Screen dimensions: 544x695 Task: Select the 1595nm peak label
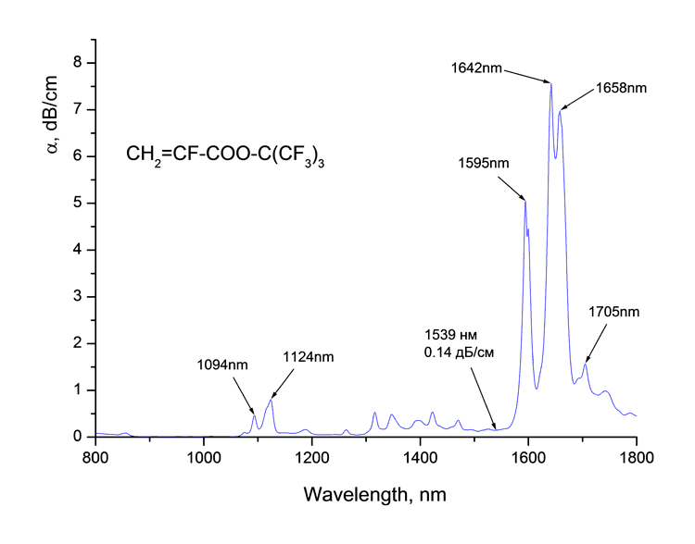pos(483,163)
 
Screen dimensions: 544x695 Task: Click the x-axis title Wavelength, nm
pos(375,495)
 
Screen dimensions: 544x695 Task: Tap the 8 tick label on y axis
pos(79,63)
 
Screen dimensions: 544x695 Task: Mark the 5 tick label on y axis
pos(79,204)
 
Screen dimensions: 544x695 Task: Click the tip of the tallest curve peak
pos(550,84)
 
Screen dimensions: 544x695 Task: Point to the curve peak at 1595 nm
pos(525,201)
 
